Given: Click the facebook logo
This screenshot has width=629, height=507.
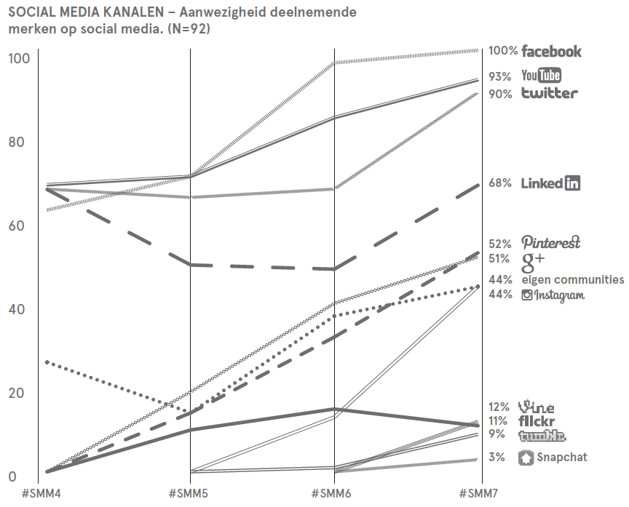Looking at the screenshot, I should click(x=551, y=51).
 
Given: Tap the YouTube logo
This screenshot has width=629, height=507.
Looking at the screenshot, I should click(x=541, y=75).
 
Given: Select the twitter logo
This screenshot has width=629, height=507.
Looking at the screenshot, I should click(x=550, y=93).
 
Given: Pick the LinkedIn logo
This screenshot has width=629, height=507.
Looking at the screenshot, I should click(x=551, y=183).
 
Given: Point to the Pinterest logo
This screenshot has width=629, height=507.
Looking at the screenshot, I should click(x=550, y=242).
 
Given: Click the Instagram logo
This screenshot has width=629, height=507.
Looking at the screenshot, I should click(x=553, y=295).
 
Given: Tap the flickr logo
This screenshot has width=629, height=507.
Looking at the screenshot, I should click(x=538, y=420).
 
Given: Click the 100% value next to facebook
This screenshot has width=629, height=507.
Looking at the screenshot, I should click(x=503, y=51).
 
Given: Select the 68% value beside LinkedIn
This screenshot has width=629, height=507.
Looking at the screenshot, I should click(x=500, y=183).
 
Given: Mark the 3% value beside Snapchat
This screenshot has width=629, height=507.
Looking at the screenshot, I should click(x=497, y=458).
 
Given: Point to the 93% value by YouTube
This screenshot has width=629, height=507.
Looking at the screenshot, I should click(x=500, y=76).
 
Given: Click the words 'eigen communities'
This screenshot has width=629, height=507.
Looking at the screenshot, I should click(x=572, y=279).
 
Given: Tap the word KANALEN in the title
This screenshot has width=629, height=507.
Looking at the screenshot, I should click(x=130, y=13).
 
